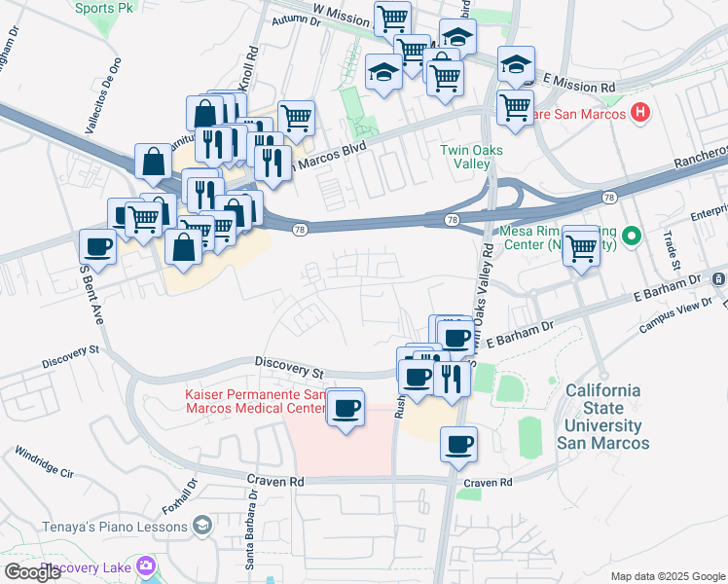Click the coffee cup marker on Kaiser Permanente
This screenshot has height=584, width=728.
point(345,407)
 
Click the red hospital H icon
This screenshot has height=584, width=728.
point(639,112)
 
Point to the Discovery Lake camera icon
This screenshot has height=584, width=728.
point(147,565)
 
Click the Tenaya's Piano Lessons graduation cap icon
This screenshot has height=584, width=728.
point(201,527)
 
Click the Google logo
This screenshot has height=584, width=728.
point(33,572)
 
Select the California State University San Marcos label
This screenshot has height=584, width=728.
point(603,417)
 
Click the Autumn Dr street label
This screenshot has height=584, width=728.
point(297,18)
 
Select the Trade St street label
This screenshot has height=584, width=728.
point(672,250)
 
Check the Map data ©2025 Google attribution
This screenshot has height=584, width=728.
point(666,575)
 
